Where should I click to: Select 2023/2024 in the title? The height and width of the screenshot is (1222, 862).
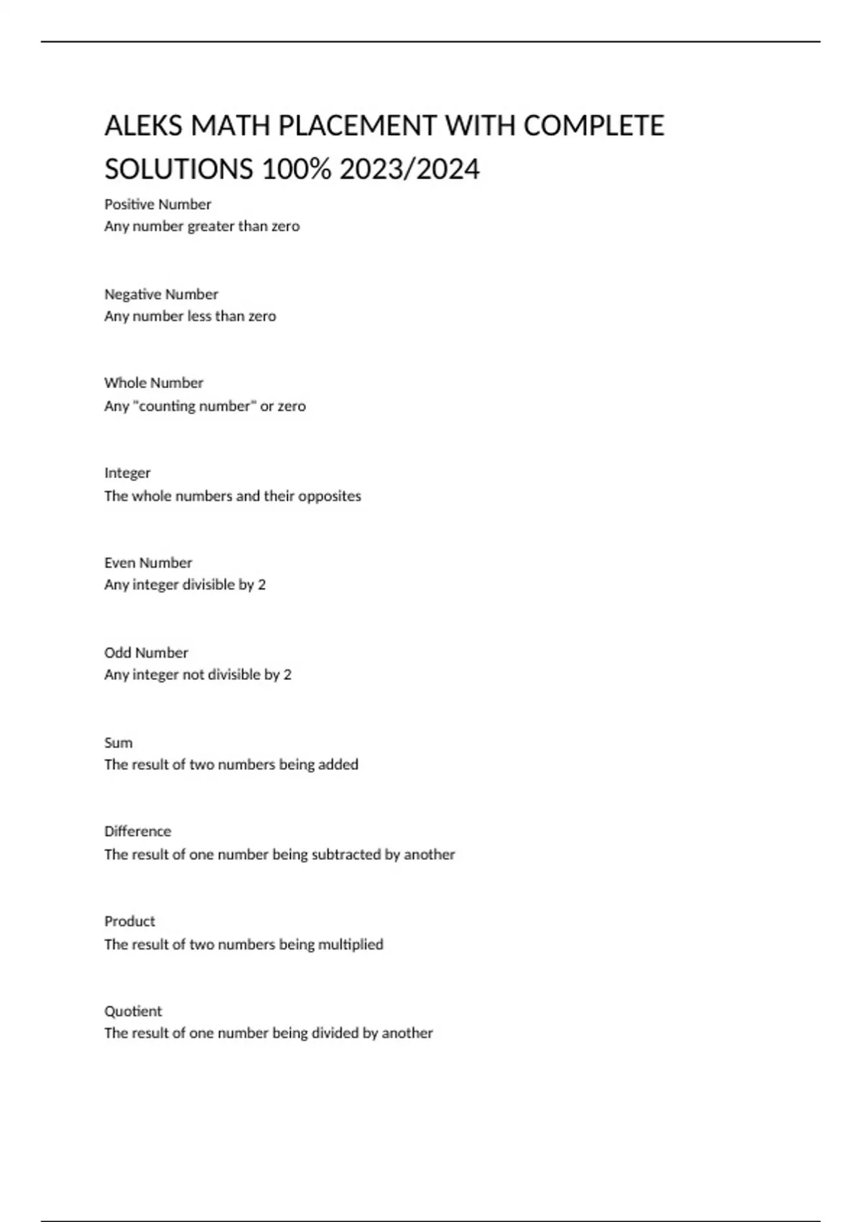point(409,170)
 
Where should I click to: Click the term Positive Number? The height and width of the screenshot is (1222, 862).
point(157,204)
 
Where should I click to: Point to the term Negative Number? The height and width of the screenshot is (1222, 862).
point(161,294)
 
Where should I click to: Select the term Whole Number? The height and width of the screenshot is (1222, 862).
point(154,382)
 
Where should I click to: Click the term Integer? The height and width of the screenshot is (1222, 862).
point(127,473)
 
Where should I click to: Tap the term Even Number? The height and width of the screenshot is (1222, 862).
point(148,562)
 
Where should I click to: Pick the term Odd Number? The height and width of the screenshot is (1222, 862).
point(146,653)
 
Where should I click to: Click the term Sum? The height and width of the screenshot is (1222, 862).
point(119,743)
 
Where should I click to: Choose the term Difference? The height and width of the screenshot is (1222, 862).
point(137,831)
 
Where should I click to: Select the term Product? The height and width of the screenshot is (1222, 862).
point(129,921)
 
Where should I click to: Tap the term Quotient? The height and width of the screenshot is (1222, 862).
point(133,1011)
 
